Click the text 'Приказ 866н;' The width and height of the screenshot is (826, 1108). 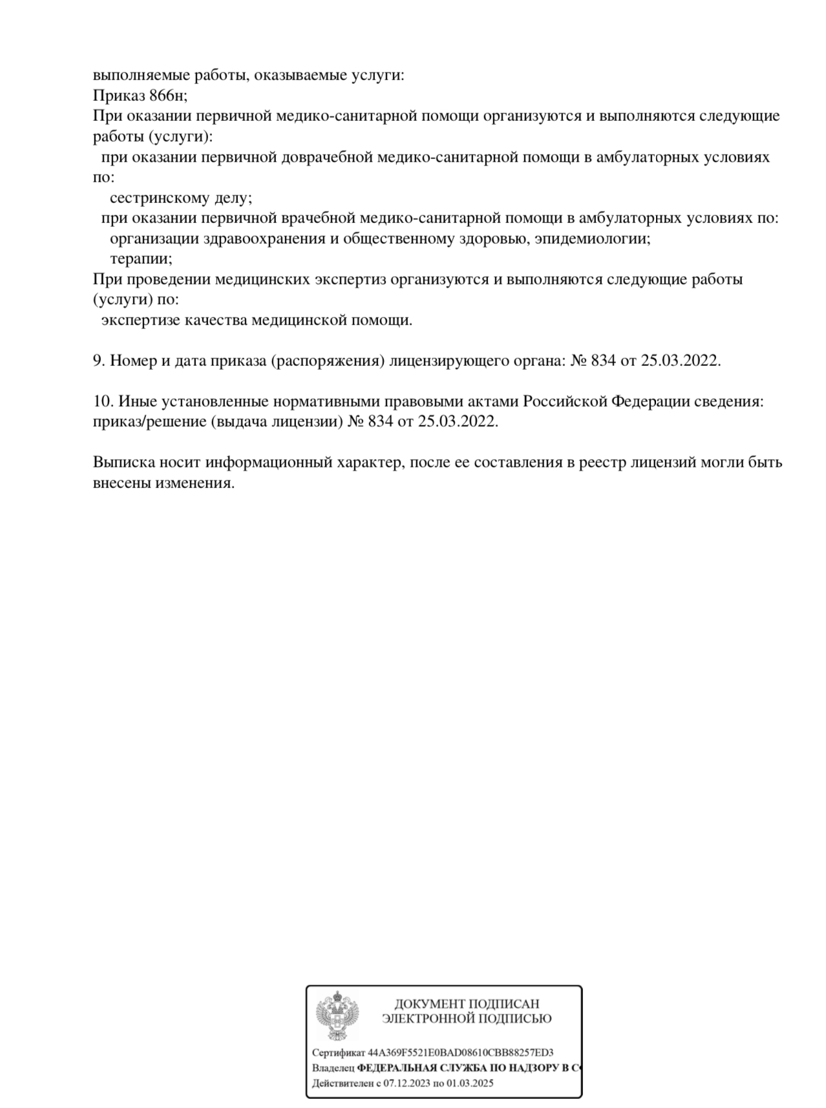click(x=140, y=96)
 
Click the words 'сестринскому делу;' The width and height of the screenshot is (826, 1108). click(x=180, y=198)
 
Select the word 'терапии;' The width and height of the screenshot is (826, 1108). click(x=141, y=259)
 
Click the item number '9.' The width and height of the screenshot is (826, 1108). click(x=99, y=361)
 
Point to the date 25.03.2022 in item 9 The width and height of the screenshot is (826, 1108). click(x=680, y=361)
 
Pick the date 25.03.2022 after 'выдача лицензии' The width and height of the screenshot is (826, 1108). click(x=458, y=421)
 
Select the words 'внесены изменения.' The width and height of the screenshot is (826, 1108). click(x=163, y=483)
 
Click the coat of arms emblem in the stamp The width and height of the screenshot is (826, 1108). click(x=337, y=1016)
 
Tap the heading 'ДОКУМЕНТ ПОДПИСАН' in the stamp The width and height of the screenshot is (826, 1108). click(x=466, y=1004)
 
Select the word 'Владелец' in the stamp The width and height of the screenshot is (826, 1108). click(x=333, y=1068)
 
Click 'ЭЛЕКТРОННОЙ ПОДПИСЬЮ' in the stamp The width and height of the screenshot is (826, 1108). click(x=466, y=1019)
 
